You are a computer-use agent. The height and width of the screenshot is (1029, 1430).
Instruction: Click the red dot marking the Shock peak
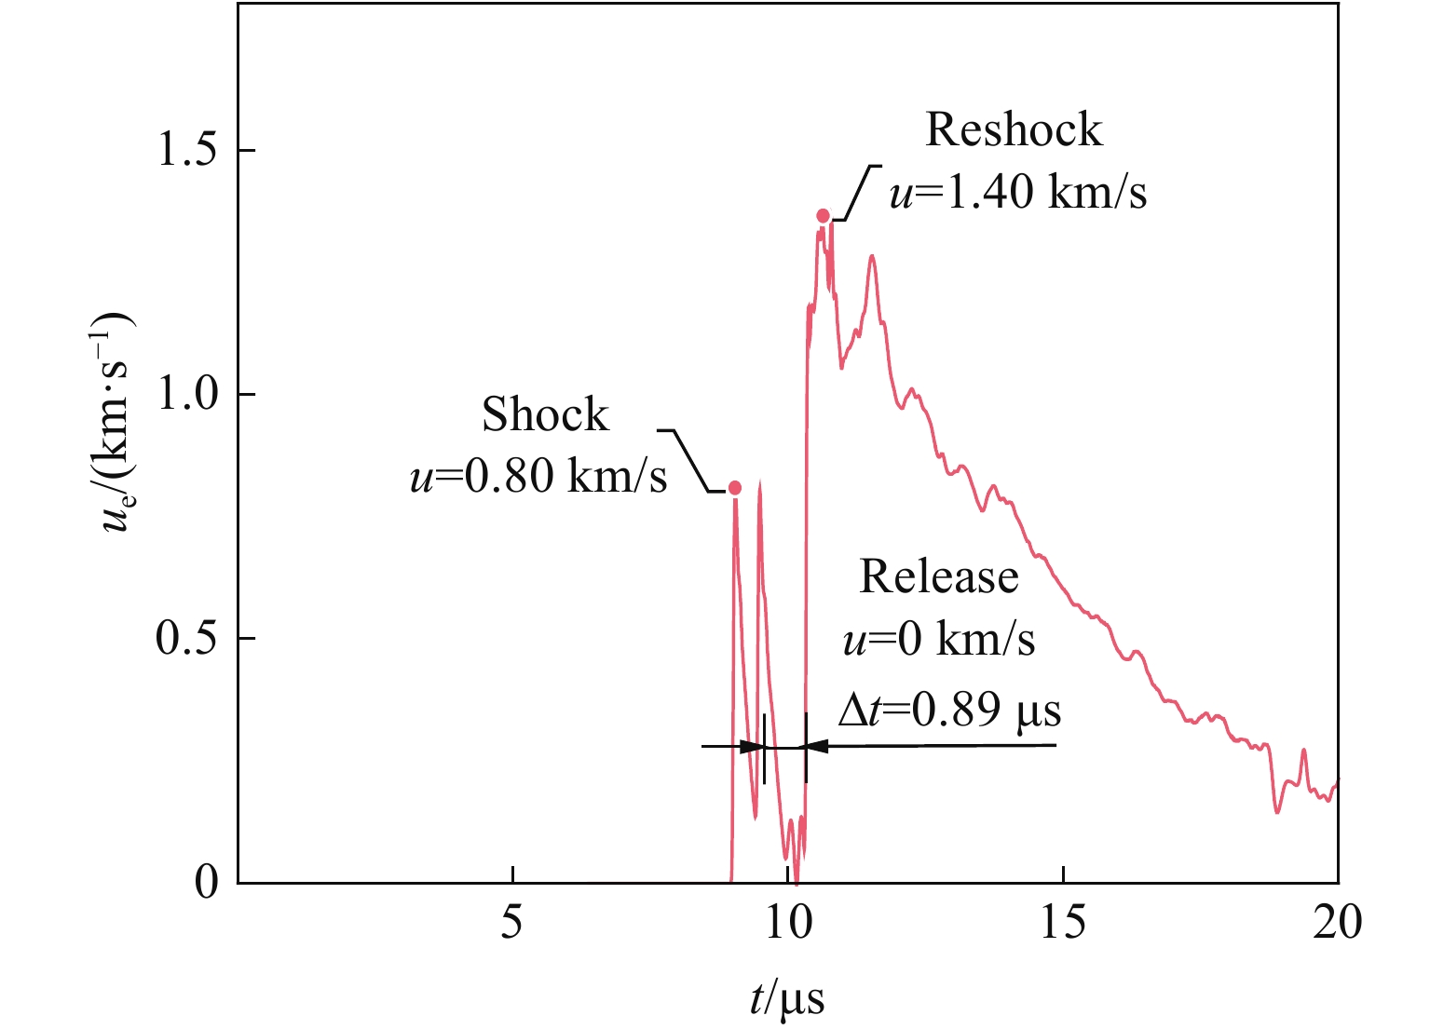735,488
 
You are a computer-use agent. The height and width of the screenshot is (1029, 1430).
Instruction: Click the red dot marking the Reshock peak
823,216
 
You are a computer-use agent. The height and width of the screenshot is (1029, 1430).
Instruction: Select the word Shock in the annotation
545,414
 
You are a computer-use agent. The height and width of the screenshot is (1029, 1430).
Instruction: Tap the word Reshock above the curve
1014,129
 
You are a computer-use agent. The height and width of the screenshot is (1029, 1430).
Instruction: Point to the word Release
938,576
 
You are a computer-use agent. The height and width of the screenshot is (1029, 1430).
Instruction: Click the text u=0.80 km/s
538,476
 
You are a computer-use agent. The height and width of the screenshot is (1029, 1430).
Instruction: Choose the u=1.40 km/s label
1018,192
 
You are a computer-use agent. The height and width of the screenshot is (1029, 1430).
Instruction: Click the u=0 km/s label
938,640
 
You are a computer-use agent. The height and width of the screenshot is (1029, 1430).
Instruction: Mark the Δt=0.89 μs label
949,711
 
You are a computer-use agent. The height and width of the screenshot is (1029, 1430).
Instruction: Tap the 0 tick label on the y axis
207,882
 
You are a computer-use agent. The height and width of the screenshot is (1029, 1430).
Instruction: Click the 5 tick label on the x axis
511,924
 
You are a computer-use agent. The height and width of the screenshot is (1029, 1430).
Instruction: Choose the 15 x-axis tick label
1063,924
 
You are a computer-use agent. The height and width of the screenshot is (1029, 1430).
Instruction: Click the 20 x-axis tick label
1338,924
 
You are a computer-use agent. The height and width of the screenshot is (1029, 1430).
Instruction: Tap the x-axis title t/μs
787,999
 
